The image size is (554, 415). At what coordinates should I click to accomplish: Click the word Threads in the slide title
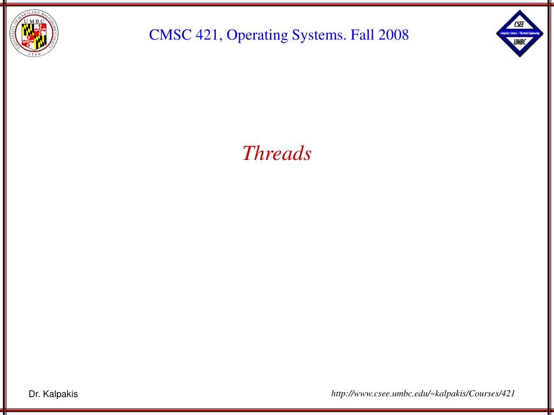276,153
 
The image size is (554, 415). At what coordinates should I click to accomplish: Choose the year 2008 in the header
393,36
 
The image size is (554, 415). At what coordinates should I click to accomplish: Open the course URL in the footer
423,393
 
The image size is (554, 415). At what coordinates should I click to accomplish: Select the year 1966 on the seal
34,54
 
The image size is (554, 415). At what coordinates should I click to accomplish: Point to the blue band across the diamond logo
519,34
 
